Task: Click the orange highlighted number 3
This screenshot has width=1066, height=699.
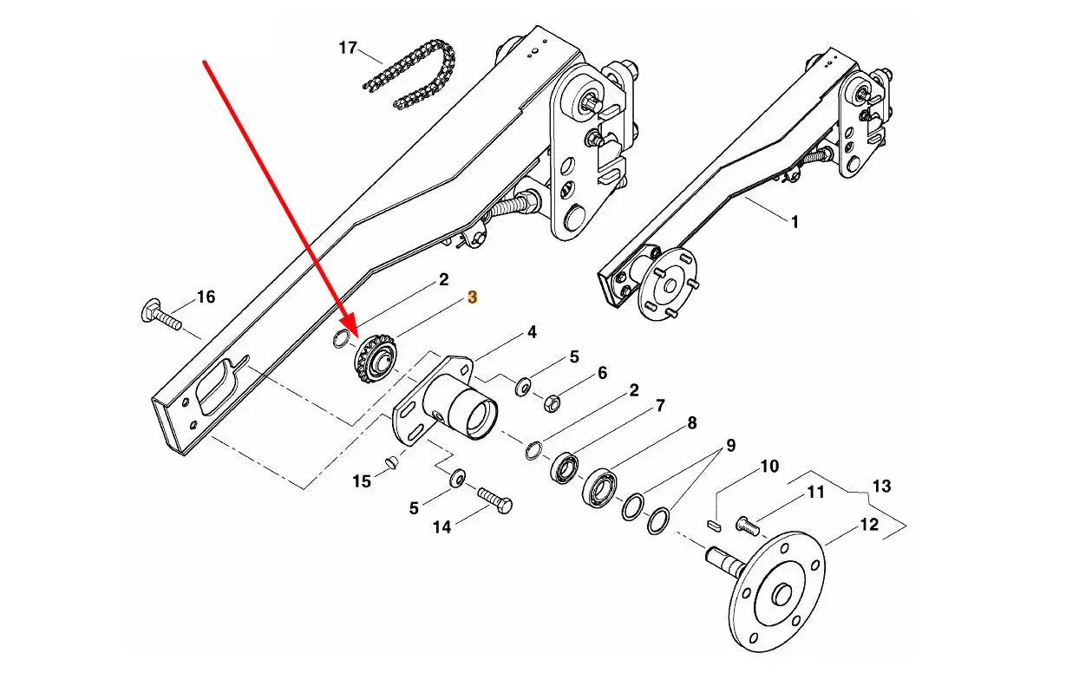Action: pos(472,297)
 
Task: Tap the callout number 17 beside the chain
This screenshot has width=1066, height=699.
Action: pos(348,48)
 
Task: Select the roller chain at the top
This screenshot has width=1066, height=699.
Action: pos(409,74)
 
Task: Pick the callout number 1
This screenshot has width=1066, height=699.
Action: pos(795,222)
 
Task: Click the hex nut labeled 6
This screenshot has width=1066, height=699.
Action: pos(552,403)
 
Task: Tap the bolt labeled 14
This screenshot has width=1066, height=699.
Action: pos(495,500)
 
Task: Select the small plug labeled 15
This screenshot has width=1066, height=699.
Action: pos(390,461)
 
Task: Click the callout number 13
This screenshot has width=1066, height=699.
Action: pos(881,486)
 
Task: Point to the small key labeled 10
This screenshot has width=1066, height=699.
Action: pos(714,525)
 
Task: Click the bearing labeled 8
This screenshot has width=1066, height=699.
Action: pos(599,488)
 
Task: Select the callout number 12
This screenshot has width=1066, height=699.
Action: pos(868,525)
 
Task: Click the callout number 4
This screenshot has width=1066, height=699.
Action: pos(532,331)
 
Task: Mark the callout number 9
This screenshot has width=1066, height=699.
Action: pos(730,446)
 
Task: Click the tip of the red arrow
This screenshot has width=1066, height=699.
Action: pos(356,335)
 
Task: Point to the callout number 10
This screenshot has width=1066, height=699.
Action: pos(769,467)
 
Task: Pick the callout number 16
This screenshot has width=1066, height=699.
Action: pos(206,297)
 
